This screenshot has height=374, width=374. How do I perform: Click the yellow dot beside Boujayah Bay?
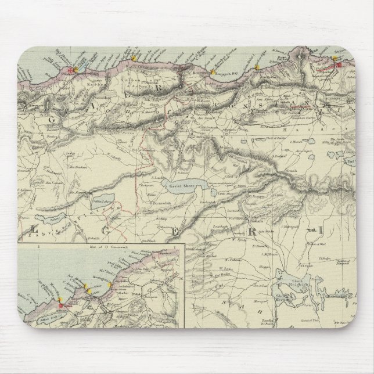click(x=213, y=72)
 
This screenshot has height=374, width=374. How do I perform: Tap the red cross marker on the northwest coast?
click(x=71, y=70)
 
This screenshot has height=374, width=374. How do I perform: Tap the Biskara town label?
click(x=261, y=223)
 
